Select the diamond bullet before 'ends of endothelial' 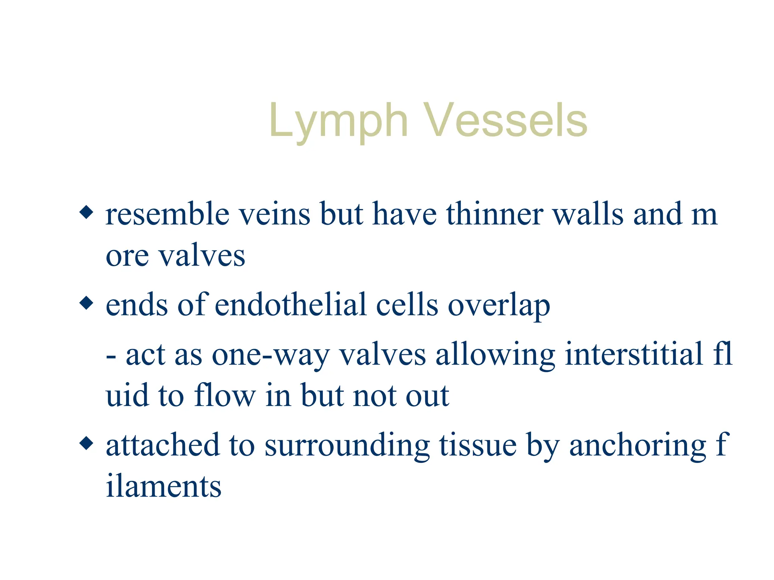pos(87,303)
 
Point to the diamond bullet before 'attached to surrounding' pos(87,443)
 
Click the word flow pos(225,395)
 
